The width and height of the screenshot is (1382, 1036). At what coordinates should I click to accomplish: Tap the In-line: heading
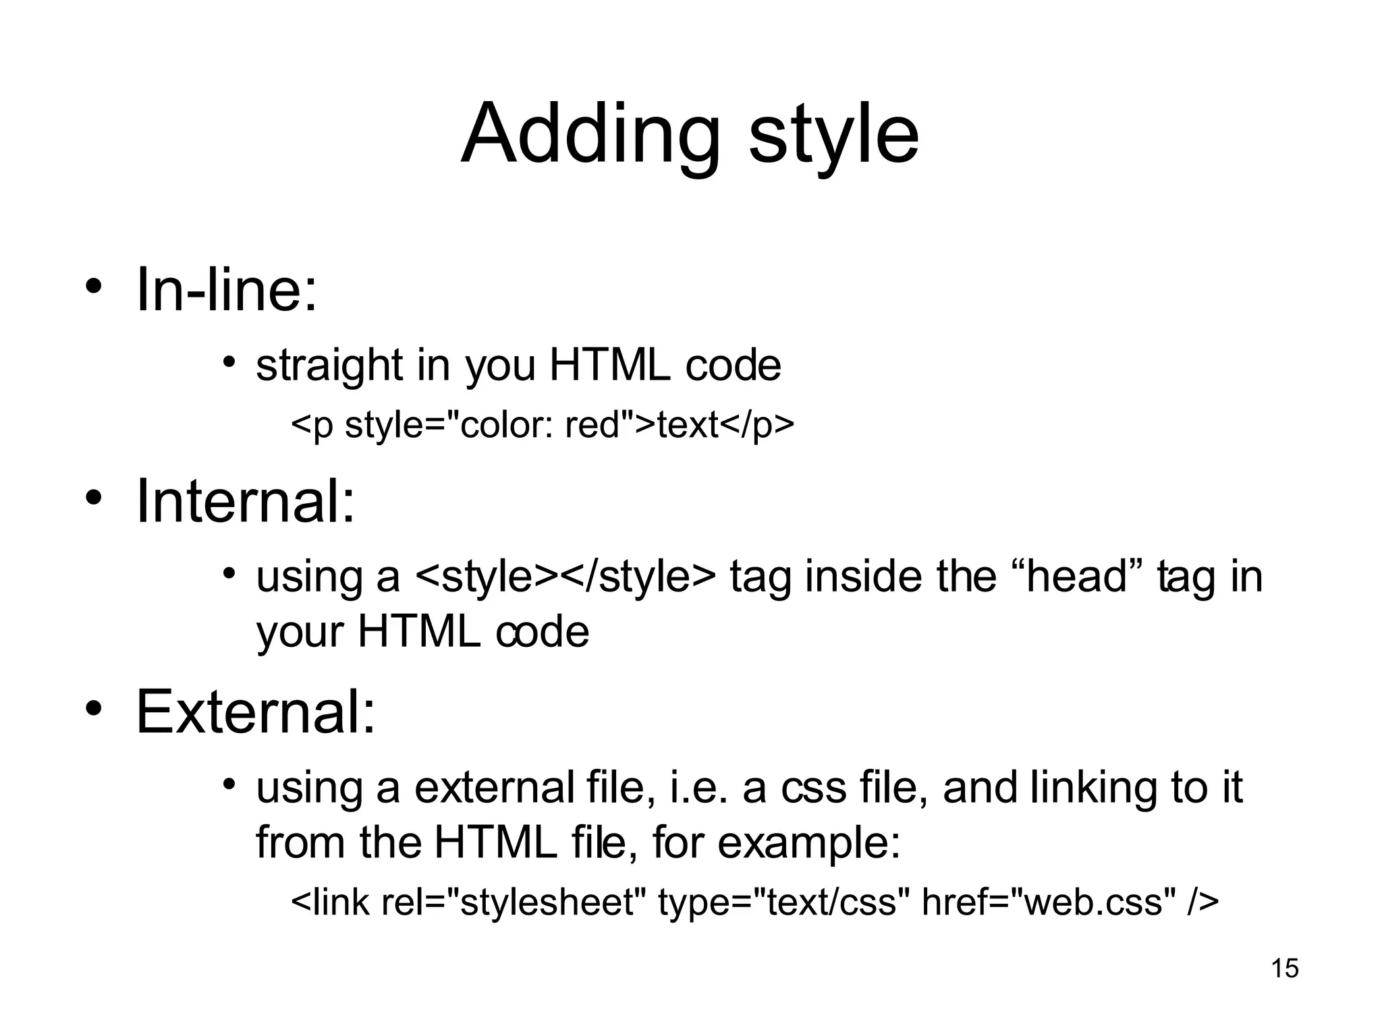[226, 290]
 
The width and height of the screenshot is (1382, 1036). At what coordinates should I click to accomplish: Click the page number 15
[1285, 969]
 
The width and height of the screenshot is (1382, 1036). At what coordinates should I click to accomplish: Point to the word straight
[329, 366]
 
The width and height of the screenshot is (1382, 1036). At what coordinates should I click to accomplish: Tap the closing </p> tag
[757, 425]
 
